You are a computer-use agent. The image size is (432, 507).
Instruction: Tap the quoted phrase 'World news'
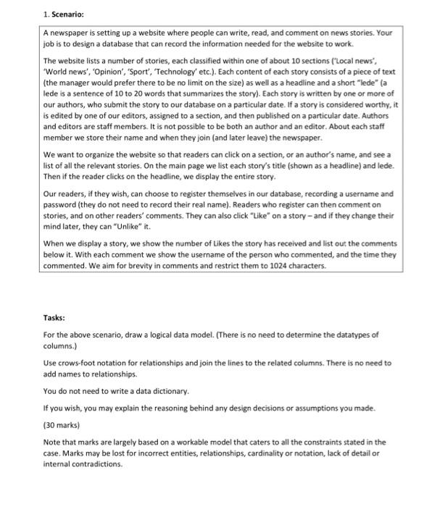pyautogui.click(x=64, y=73)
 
